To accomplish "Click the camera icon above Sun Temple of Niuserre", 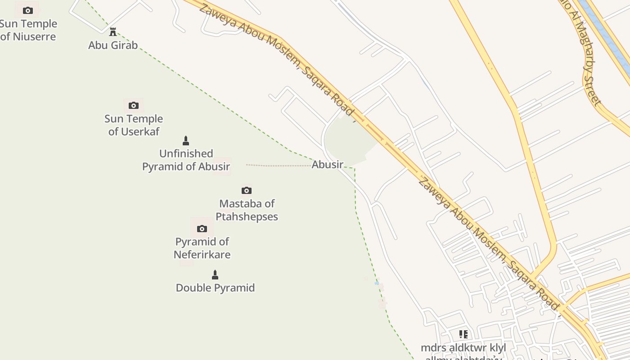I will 28,10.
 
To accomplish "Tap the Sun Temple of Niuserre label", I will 28,30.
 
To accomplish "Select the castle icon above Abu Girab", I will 113,32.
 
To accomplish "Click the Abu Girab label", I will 113,45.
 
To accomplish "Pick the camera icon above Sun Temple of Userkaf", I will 134,106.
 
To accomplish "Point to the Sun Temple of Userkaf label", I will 134,125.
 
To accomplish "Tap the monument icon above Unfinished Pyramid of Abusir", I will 186,141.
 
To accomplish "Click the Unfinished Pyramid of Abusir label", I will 186,160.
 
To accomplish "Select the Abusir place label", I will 328,165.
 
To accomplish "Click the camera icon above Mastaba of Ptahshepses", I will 247,190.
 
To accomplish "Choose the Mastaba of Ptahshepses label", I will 247,210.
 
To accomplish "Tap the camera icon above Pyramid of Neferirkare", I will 202,229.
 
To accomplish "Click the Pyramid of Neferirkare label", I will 202,248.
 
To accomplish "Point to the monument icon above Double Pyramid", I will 215,274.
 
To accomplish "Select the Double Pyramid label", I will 215,288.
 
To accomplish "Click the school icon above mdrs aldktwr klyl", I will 463,334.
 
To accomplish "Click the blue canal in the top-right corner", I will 603,31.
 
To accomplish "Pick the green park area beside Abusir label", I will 349,139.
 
